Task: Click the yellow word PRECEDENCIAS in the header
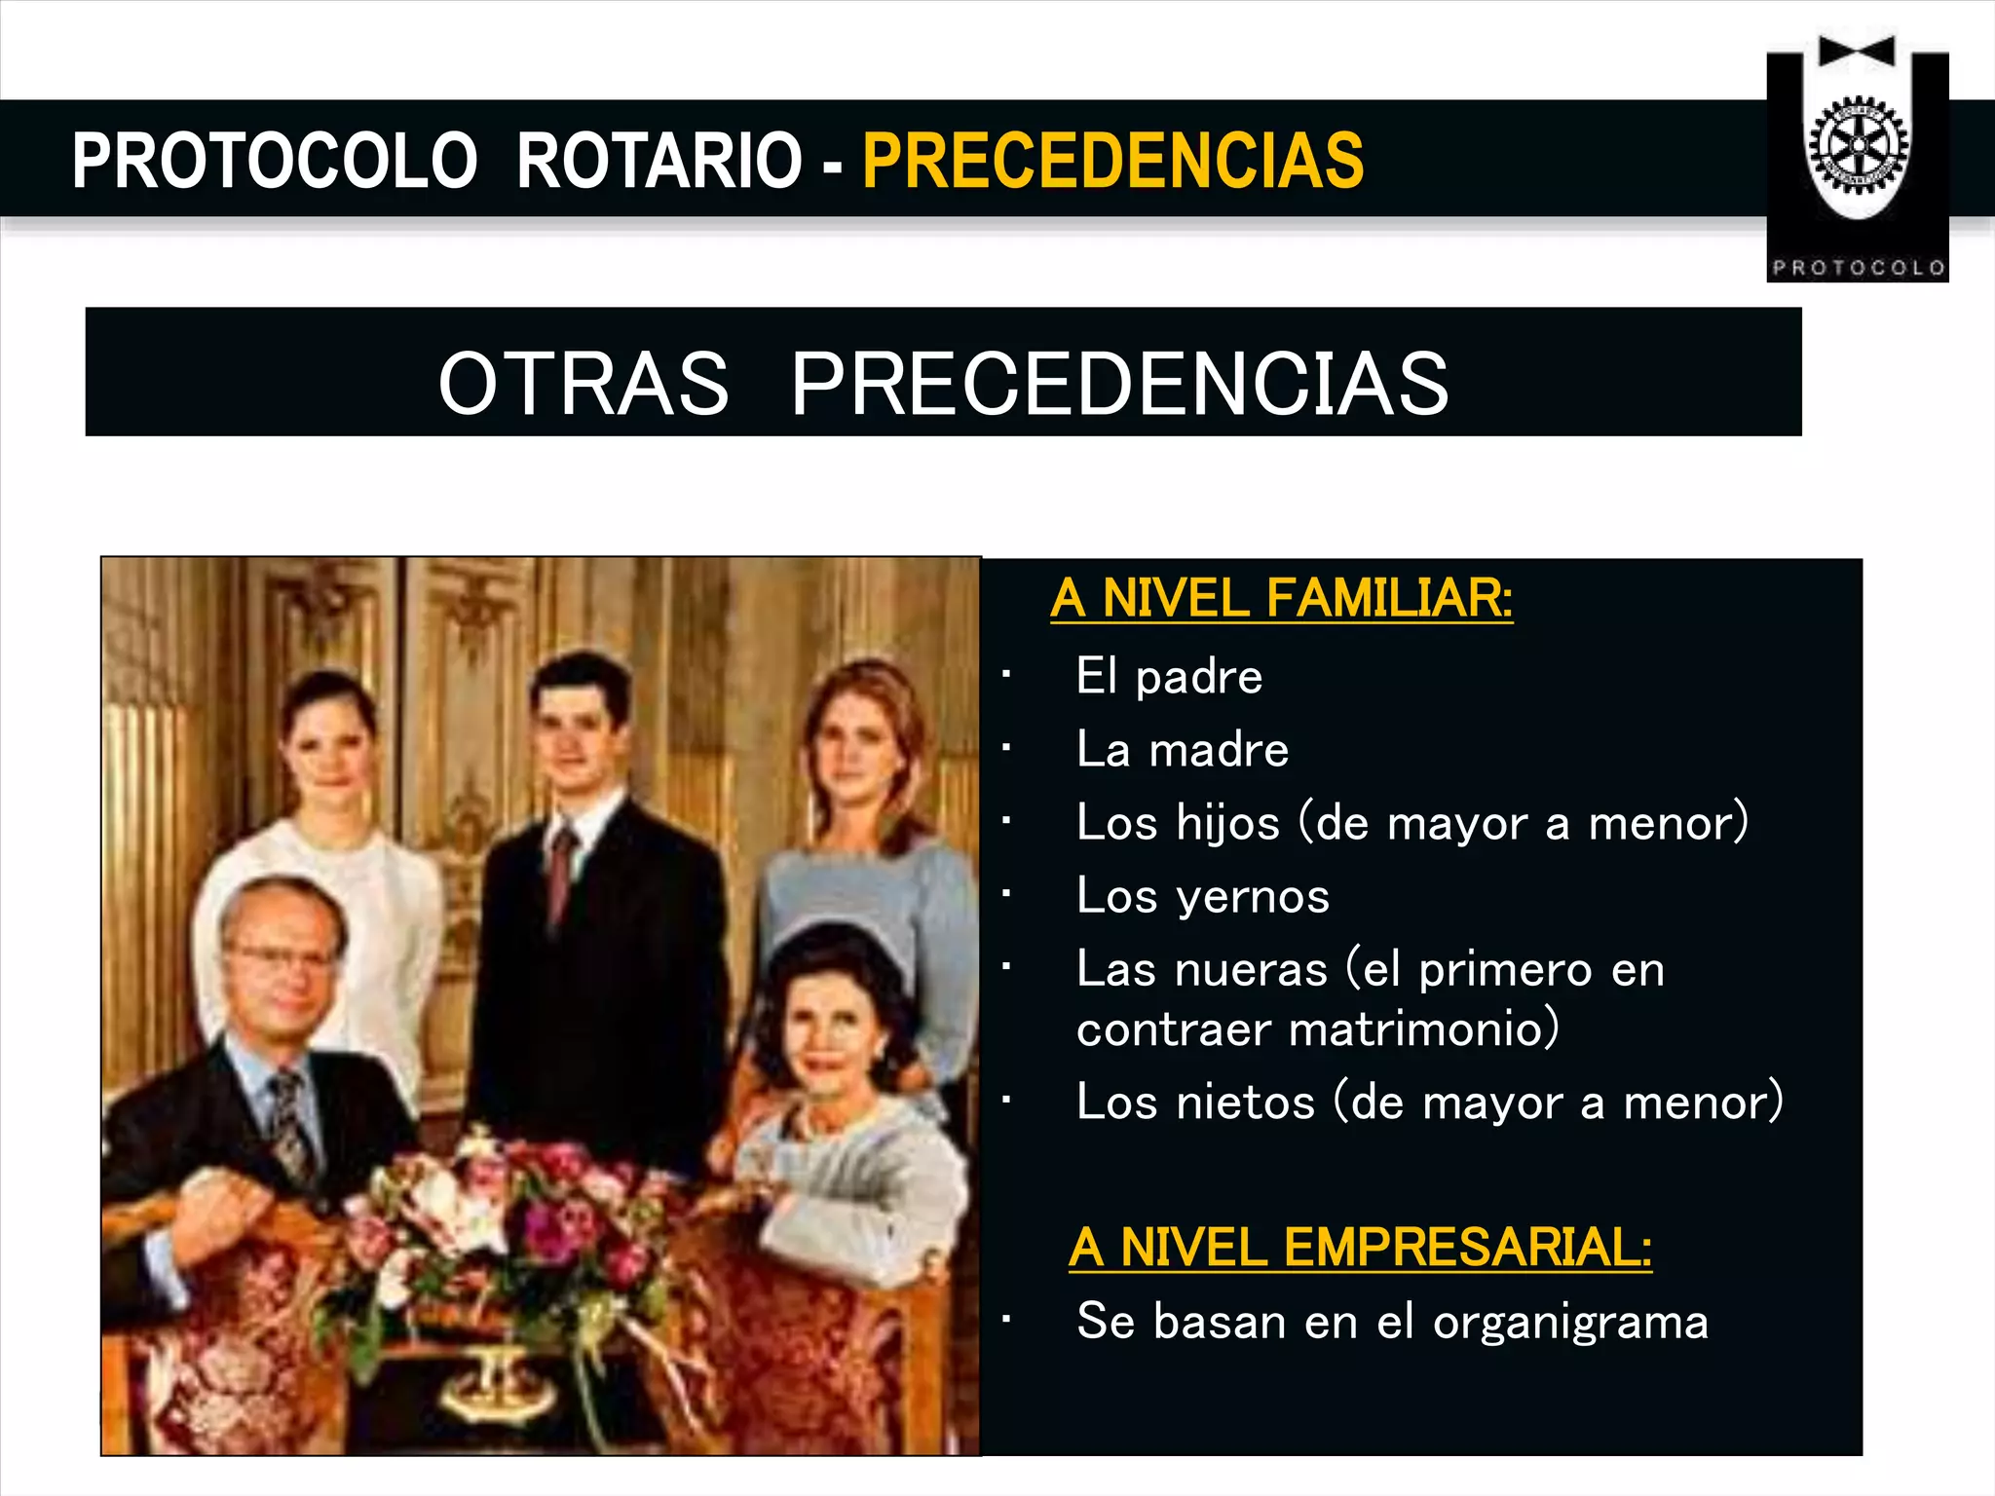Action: [1112, 161]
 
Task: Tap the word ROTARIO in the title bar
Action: [659, 161]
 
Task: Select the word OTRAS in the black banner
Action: [583, 383]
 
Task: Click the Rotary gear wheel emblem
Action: [1858, 145]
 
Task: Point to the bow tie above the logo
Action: [1857, 51]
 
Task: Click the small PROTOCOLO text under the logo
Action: [1858, 268]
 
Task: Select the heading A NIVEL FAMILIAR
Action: [1281, 597]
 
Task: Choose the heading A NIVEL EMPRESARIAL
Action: [1360, 1247]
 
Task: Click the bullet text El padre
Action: [1169, 676]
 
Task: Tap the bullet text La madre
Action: [1183, 750]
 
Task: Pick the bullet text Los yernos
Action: [1203, 896]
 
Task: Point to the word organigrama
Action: [1570, 1323]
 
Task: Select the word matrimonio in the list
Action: [1424, 1029]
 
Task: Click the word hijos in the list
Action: [1227, 824]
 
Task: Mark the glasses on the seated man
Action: [281, 955]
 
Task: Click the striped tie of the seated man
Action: [289, 1120]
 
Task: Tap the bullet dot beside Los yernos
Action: [1006, 893]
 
